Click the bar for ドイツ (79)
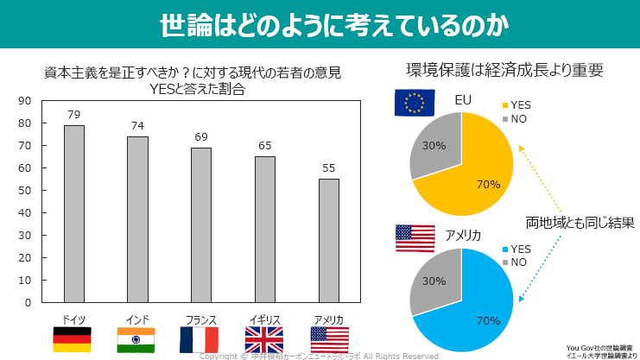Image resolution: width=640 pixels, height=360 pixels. click(74, 213)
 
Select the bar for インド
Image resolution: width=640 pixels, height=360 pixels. click(137, 219)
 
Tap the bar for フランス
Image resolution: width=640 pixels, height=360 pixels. click(201, 224)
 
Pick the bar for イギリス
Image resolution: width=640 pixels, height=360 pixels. click(265, 229)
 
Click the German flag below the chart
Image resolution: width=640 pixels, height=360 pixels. click(73, 339)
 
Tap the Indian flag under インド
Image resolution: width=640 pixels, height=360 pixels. click(136, 339)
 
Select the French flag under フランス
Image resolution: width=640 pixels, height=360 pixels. click(200, 339)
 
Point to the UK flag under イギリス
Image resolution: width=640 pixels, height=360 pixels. click(263, 339)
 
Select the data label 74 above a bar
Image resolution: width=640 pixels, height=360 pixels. click(137, 126)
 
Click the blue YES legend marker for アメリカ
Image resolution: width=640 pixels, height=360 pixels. click(505, 249)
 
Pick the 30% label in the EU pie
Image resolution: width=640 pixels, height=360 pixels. click(434, 146)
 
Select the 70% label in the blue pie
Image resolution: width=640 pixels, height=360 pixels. click(488, 321)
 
